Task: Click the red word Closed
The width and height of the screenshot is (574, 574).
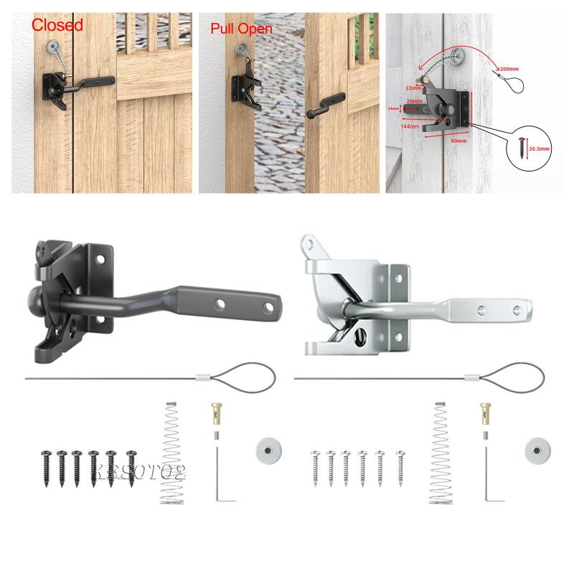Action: point(57,24)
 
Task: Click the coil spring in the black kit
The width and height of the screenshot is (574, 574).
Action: point(171,452)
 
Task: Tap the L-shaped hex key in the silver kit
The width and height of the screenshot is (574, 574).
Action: point(489,474)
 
